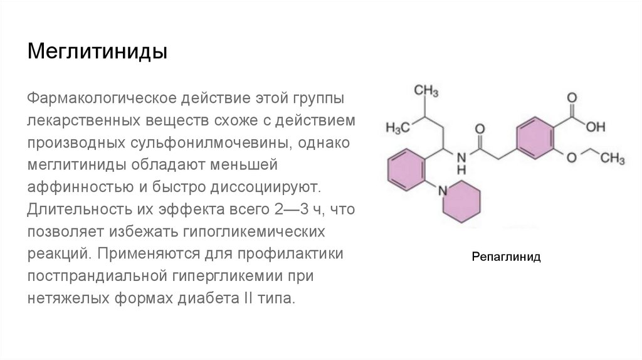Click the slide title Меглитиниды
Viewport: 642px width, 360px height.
click(x=97, y=51)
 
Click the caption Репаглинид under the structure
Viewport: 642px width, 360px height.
click(x=506, y=257)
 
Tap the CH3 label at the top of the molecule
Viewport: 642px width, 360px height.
click(x=426, y=91)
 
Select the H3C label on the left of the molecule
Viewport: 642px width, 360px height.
click(x=397, y=127)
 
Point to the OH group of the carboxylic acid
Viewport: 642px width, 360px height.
click(x=596, y=127)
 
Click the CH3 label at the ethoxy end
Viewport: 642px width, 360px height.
click(x=613, y=158)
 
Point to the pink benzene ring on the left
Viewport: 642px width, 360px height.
click(x=408, y=168)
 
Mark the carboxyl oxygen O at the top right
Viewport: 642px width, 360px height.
click(x=571, y=98)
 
